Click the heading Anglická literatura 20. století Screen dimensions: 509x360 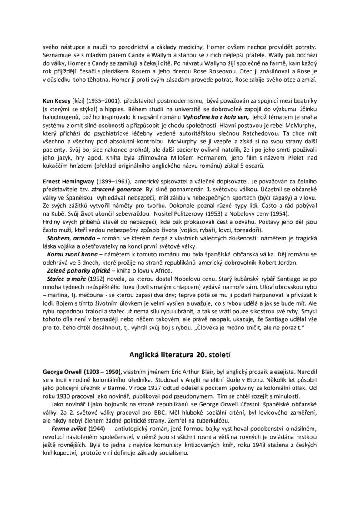click(180, 354)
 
